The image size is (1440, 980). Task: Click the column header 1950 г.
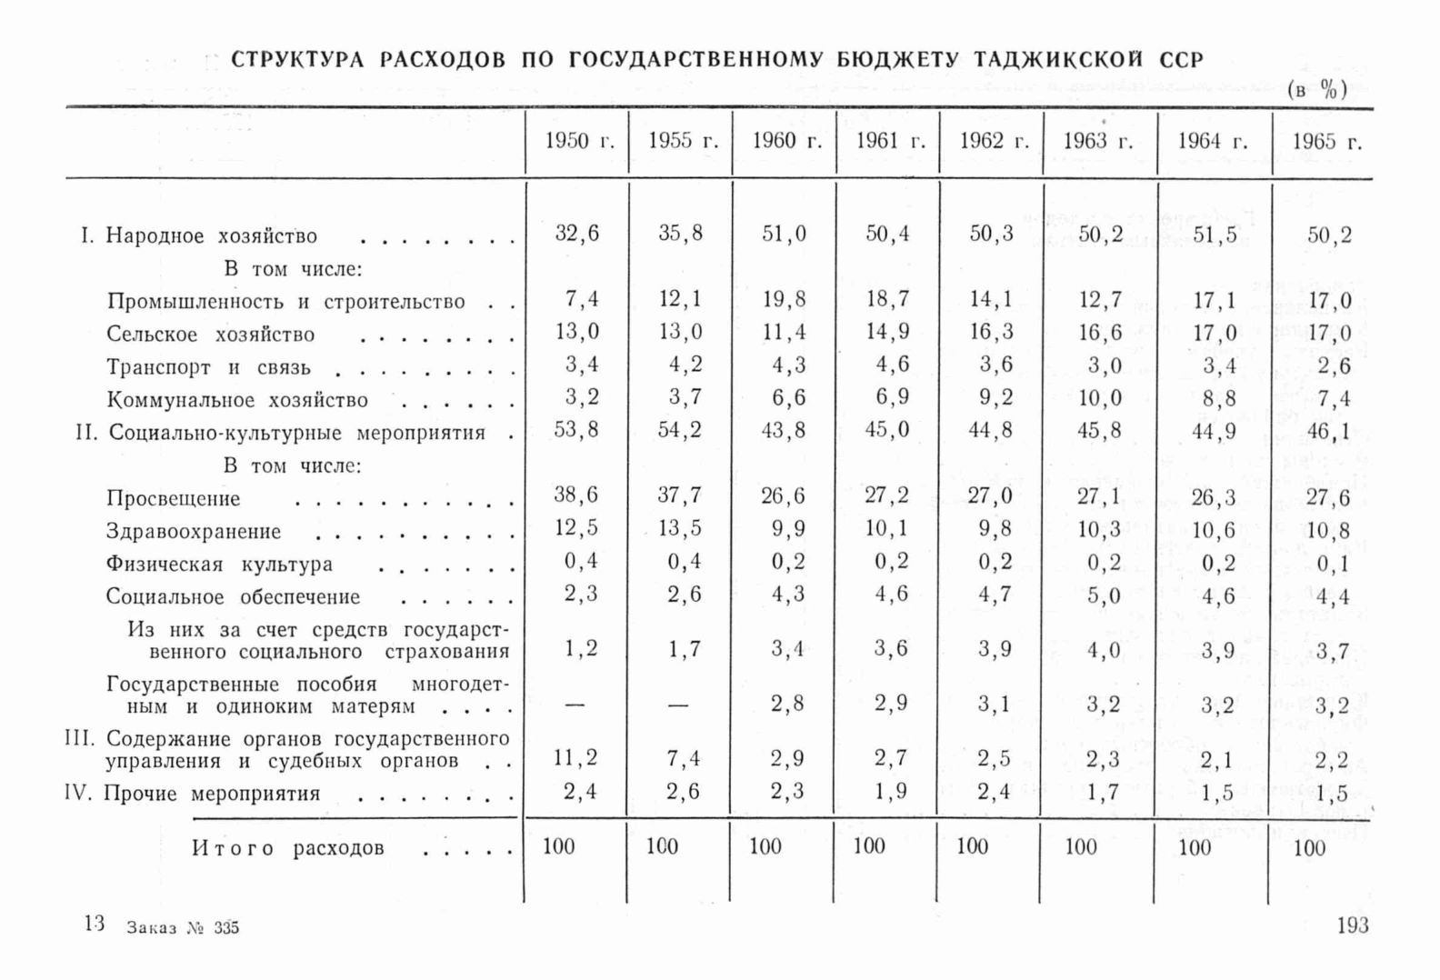tap(578, 141)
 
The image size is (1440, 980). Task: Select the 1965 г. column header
tap(1326, 141)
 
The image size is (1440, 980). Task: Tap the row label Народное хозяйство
tap(211, 236)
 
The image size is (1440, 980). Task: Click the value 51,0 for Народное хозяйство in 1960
tap(784, 235)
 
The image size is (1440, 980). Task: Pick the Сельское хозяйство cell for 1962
tap(991, 332)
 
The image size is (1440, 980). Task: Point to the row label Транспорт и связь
tap(208, 368)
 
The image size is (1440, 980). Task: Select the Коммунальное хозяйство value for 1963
tap(1100, 398)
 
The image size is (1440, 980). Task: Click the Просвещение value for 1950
tap(576, 496)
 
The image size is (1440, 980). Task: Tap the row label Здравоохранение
tap(194, 532)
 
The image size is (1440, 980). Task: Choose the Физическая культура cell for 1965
tap(1332, 565)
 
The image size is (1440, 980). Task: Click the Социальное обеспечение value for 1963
tap(1104, 596)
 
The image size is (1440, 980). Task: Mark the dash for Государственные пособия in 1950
tap(575, 705)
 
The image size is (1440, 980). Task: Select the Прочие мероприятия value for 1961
tap(890, 792)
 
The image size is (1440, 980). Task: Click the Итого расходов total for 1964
tap(1194, 848)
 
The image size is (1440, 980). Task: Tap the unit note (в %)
tap(1316, 89)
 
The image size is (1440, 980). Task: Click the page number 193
tap(1352, 925)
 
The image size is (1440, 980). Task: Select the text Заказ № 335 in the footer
tap(183, 928)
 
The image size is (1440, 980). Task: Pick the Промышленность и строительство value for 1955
tap(680, 299)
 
